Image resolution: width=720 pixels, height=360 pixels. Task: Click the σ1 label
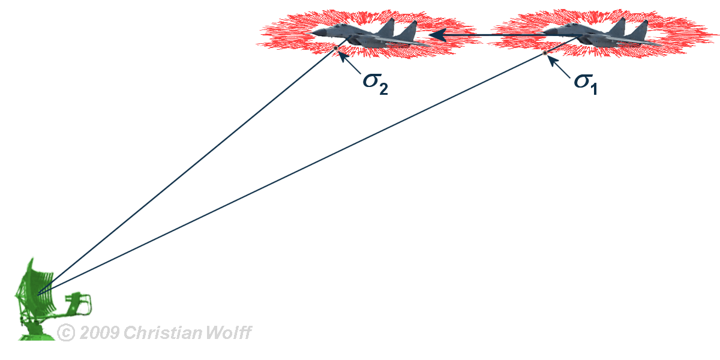pyautogui.click(x=585, y=82)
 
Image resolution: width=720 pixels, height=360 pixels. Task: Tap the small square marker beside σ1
pyautogui.click(x=545, y=53)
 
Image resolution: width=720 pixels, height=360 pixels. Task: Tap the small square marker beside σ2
pyautogui.click(x=335, y=48)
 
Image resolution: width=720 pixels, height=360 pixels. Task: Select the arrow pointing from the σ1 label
pyautogui.click(x=558, y=65)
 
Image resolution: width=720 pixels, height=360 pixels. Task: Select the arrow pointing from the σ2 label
pyautogui.click(x=349, y=62)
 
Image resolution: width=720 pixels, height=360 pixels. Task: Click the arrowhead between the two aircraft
pyautogui.click(x=437, y=35)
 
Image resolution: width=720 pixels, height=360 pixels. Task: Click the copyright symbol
pyautogui.click(x=65, y=332)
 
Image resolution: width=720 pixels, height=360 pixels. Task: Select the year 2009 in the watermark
pyautogui.click(x=99, y=332)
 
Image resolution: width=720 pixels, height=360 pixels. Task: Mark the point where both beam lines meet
pyautogui.click(x=39, y=293)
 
